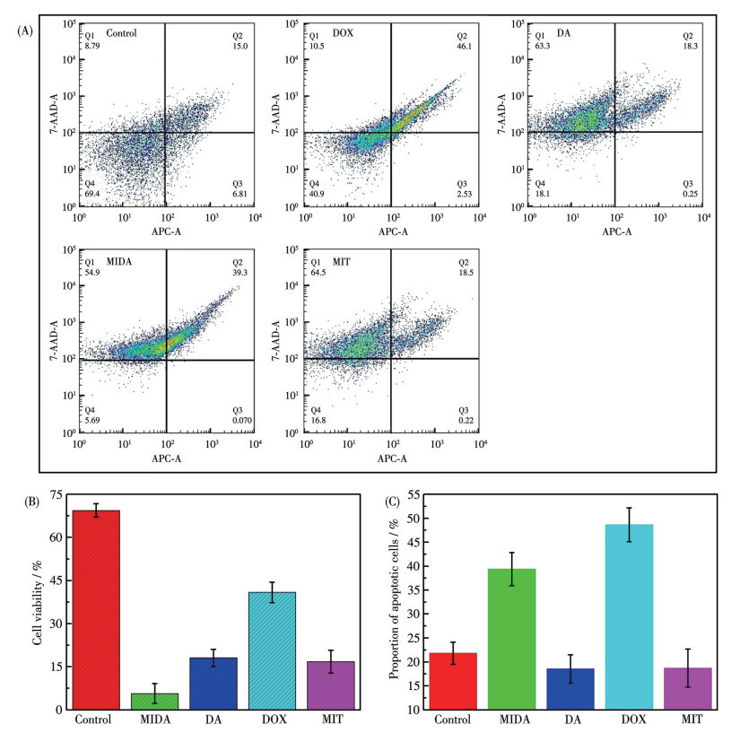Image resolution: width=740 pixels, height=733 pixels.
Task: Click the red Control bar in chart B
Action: pos(90,610)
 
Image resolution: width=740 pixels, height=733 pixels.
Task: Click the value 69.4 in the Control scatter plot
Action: pos(91,195)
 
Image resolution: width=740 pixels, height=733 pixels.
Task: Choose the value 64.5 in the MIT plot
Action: pos(318,272)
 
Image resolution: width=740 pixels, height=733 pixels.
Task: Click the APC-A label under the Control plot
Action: pos(166,231)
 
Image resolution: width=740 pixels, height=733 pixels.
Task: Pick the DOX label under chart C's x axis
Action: pos(627,720)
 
